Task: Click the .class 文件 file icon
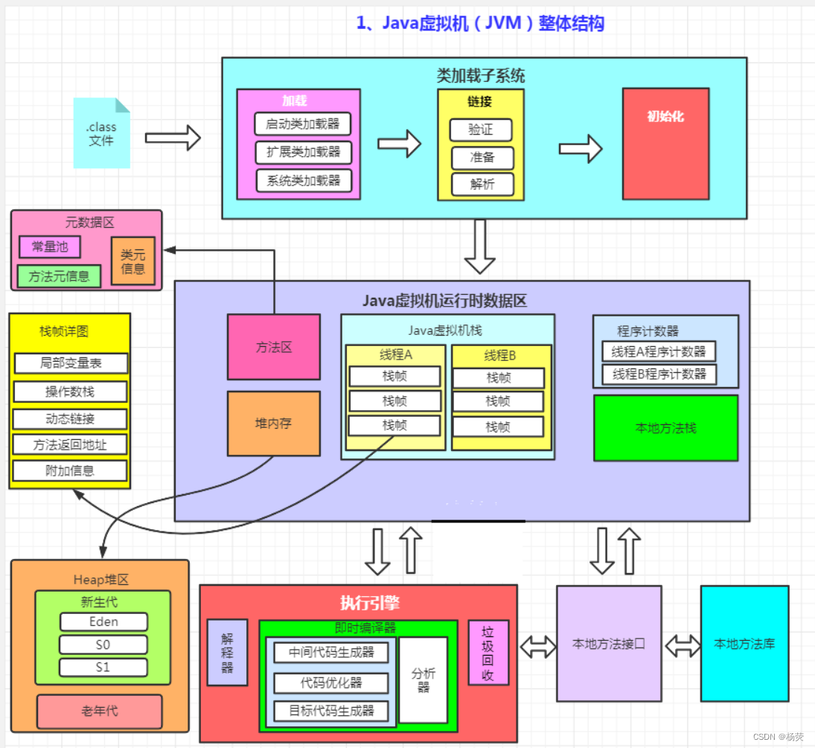[x=101, y=133]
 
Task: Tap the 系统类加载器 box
[x=303, y=180]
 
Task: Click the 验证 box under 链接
[x=481, y=130]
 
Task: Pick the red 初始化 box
[x=665, y=144]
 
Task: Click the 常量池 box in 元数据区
[x=50, y=247]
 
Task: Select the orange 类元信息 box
[x=133, y=261]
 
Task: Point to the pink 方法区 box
[x=273, y=347]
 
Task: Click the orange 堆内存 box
[x=273, y=423]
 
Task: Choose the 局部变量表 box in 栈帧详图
[x=71, y=363]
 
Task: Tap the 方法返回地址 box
[x=70, y=444]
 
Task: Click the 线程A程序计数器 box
[x=658, y=351]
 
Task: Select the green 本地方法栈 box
[x=665, y=428]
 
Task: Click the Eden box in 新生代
[x=103, y=621]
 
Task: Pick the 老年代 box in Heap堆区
[x=100, y=711]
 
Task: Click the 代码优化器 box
[x=331, y=682]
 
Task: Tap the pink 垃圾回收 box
[x=488, y=652]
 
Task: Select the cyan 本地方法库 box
[x=744, y=643]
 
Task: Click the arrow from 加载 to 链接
[x=399, y=144]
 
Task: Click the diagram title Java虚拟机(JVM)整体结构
[x=480, y=23]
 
